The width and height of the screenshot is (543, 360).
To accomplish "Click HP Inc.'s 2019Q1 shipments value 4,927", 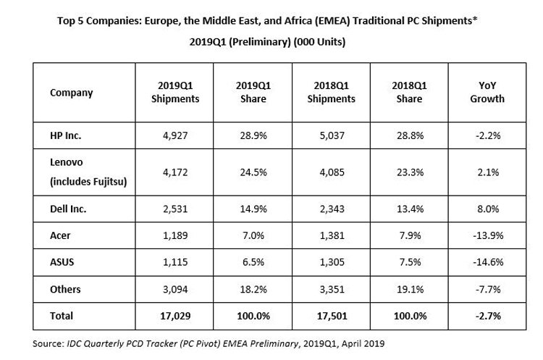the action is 175,135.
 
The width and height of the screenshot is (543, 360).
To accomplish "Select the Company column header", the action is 72,93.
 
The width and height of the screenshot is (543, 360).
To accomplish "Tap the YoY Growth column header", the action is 487,92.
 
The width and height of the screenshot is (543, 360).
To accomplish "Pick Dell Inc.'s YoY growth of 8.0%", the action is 488,209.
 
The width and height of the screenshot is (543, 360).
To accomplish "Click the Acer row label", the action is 60,235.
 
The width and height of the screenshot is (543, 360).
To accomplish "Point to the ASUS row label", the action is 62,262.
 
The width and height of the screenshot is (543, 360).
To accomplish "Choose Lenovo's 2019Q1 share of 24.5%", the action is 253,172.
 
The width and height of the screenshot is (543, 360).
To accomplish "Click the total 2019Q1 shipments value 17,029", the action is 175,316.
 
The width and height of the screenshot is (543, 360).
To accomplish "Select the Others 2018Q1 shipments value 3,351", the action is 332,289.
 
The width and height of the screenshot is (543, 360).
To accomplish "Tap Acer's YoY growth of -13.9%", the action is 488,235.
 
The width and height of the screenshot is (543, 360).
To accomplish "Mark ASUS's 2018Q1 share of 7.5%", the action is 410,262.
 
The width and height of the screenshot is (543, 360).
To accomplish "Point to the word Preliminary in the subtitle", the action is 259,42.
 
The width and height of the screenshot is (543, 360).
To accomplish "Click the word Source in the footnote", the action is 48,344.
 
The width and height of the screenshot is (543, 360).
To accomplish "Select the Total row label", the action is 62,316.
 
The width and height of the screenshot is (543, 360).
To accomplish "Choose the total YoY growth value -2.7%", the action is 488,316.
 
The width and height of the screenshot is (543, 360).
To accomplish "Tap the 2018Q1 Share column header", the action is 409,92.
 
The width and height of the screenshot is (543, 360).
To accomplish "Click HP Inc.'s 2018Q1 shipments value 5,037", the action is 332,135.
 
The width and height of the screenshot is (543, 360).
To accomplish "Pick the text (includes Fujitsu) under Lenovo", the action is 88,182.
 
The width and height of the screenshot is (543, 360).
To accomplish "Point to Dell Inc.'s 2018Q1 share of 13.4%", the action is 410,209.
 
